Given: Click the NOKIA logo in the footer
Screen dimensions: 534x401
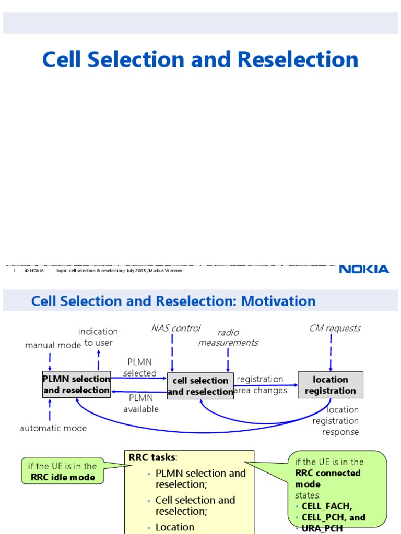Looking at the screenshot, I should pyautogui.click(x=364, y=270).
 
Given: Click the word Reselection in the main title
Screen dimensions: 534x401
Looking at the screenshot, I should pyautogui.click(x=298, y=59).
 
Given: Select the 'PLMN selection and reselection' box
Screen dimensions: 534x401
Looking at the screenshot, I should pyautogui.click(x=76, y=384).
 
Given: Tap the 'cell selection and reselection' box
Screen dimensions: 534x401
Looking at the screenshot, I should pyautogui.click(x=200, y=386).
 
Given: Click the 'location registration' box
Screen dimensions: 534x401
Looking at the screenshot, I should pyautogui.click(x=330, y=385).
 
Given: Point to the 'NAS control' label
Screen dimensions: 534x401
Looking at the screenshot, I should pyautogui.click(x=175, y=328).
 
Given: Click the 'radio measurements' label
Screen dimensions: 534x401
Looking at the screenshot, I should pyautogui.click(x=228, y=337).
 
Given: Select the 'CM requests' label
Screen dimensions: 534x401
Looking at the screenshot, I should pyautogui.click(x=335, y=328).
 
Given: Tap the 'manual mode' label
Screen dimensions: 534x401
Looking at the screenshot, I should pyautogui.click(x=53, y=345).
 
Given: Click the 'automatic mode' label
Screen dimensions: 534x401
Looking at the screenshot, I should pyautogui.click(x=53, y=428).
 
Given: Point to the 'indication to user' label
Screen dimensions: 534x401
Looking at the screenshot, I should pyautogui.click(x=98, y=337).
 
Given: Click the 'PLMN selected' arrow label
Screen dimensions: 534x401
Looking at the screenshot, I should pyautogui.click(x=139, y=368).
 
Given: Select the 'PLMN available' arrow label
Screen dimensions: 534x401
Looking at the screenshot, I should pyautogui.click(x=140, y=404).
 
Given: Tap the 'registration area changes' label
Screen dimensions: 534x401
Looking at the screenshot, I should pyautogui.click(x=261, y=385).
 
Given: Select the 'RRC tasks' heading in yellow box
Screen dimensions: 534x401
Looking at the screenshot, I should pyautogui.click(x=152, y=457).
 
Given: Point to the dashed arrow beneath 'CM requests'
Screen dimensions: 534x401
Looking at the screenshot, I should pyautogui.click(x=331, y=352).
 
